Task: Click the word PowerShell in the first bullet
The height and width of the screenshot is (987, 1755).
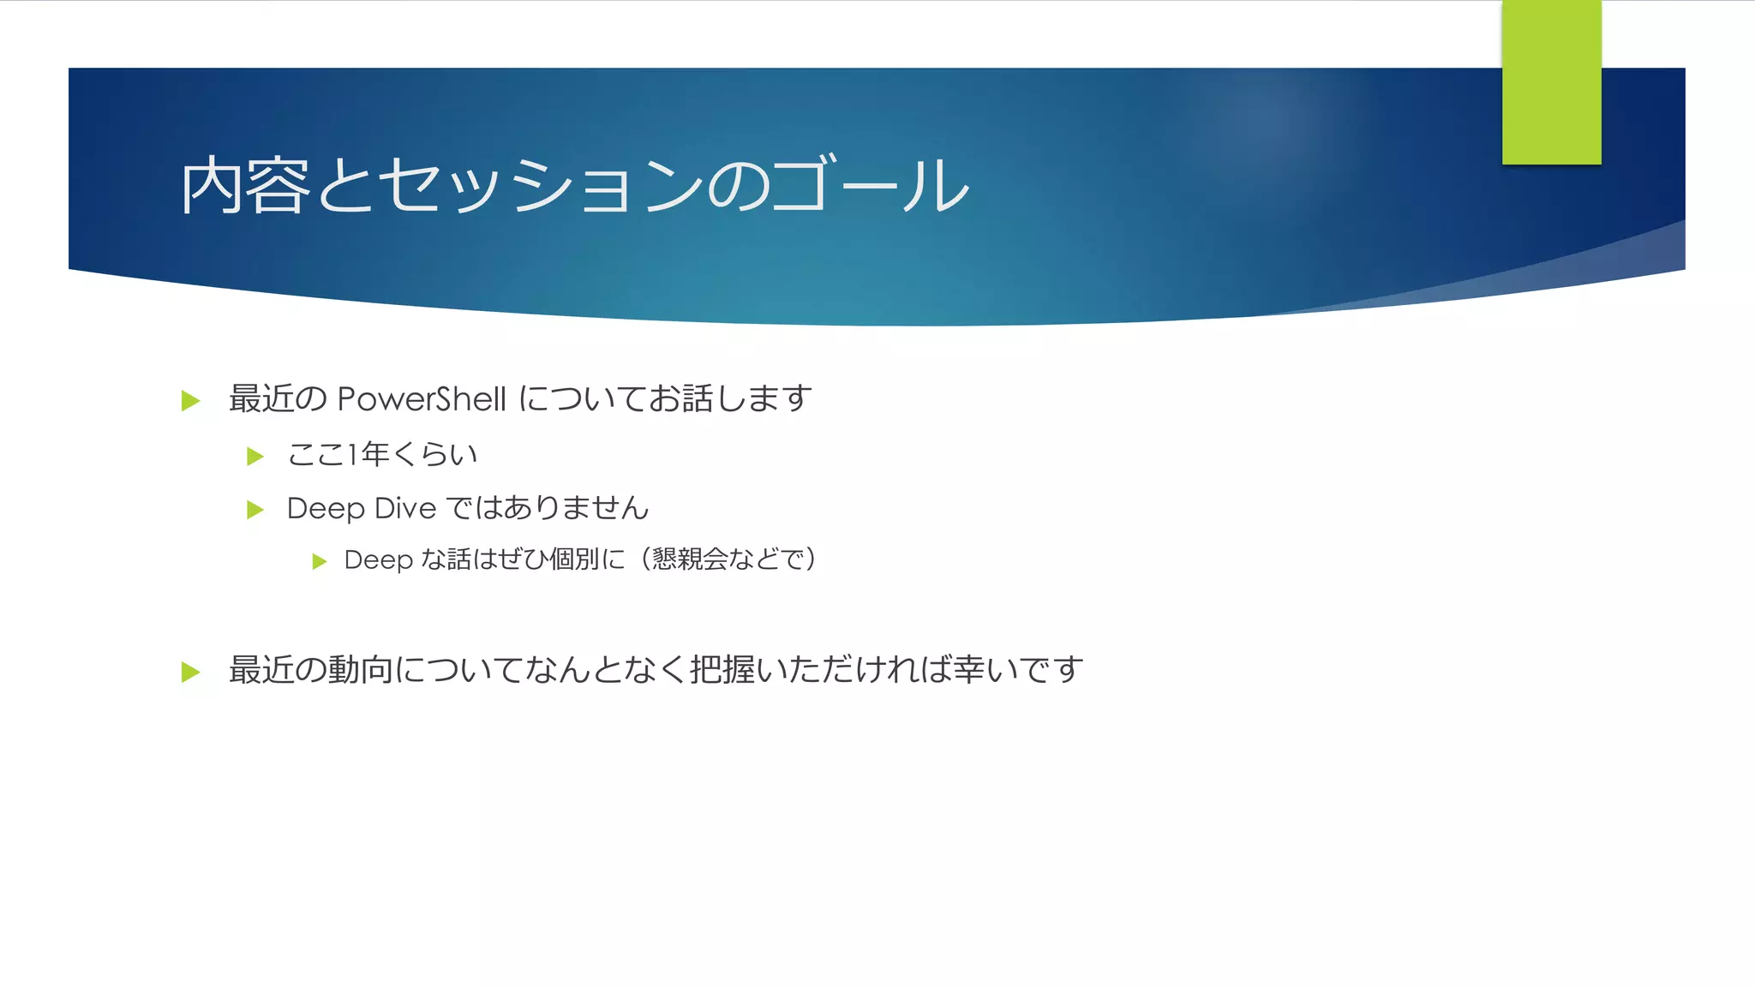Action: (x=422, y=399)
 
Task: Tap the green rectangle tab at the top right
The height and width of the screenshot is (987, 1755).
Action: (x=1551, y=82)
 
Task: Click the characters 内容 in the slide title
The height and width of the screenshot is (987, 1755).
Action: (x=244, y=185)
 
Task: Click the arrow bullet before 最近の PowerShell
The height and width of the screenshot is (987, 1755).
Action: (x=191, y=401)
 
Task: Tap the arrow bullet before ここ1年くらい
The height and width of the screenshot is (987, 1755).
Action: (x=255, y=456)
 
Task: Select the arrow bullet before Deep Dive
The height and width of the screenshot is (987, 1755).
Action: (x=255, y=510)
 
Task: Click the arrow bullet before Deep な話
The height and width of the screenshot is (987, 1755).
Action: (x=320, y=561)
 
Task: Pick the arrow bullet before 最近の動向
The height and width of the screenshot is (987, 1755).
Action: (x=191, y=672)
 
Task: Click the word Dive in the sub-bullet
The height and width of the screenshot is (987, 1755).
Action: (x=405, y=508)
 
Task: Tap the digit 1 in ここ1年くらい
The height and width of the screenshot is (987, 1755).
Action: (x=351, y=454)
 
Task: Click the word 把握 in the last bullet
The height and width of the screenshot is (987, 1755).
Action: (x=721, y=669)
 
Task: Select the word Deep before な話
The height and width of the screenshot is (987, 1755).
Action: (x=378, y=559)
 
